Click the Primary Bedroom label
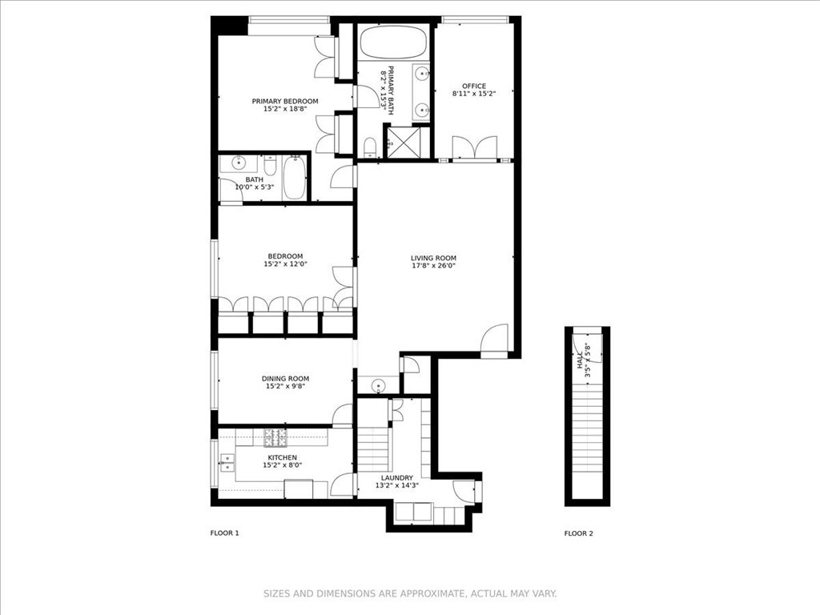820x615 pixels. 285,101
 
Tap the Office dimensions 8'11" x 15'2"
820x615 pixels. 474,94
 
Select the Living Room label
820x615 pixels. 433,258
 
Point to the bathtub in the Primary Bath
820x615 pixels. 393,42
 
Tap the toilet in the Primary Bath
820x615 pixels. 370,147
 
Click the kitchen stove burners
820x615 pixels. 275,438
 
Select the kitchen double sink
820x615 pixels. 227,462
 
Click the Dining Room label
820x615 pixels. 286,379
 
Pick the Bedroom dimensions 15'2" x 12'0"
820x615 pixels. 286,264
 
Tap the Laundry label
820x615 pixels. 397,477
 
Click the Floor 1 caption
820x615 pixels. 224,533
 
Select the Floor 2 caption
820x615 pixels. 579,533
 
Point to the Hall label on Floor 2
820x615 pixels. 580,360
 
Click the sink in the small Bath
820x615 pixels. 239,163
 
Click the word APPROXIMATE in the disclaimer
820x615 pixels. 432,593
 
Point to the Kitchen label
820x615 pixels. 283,457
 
